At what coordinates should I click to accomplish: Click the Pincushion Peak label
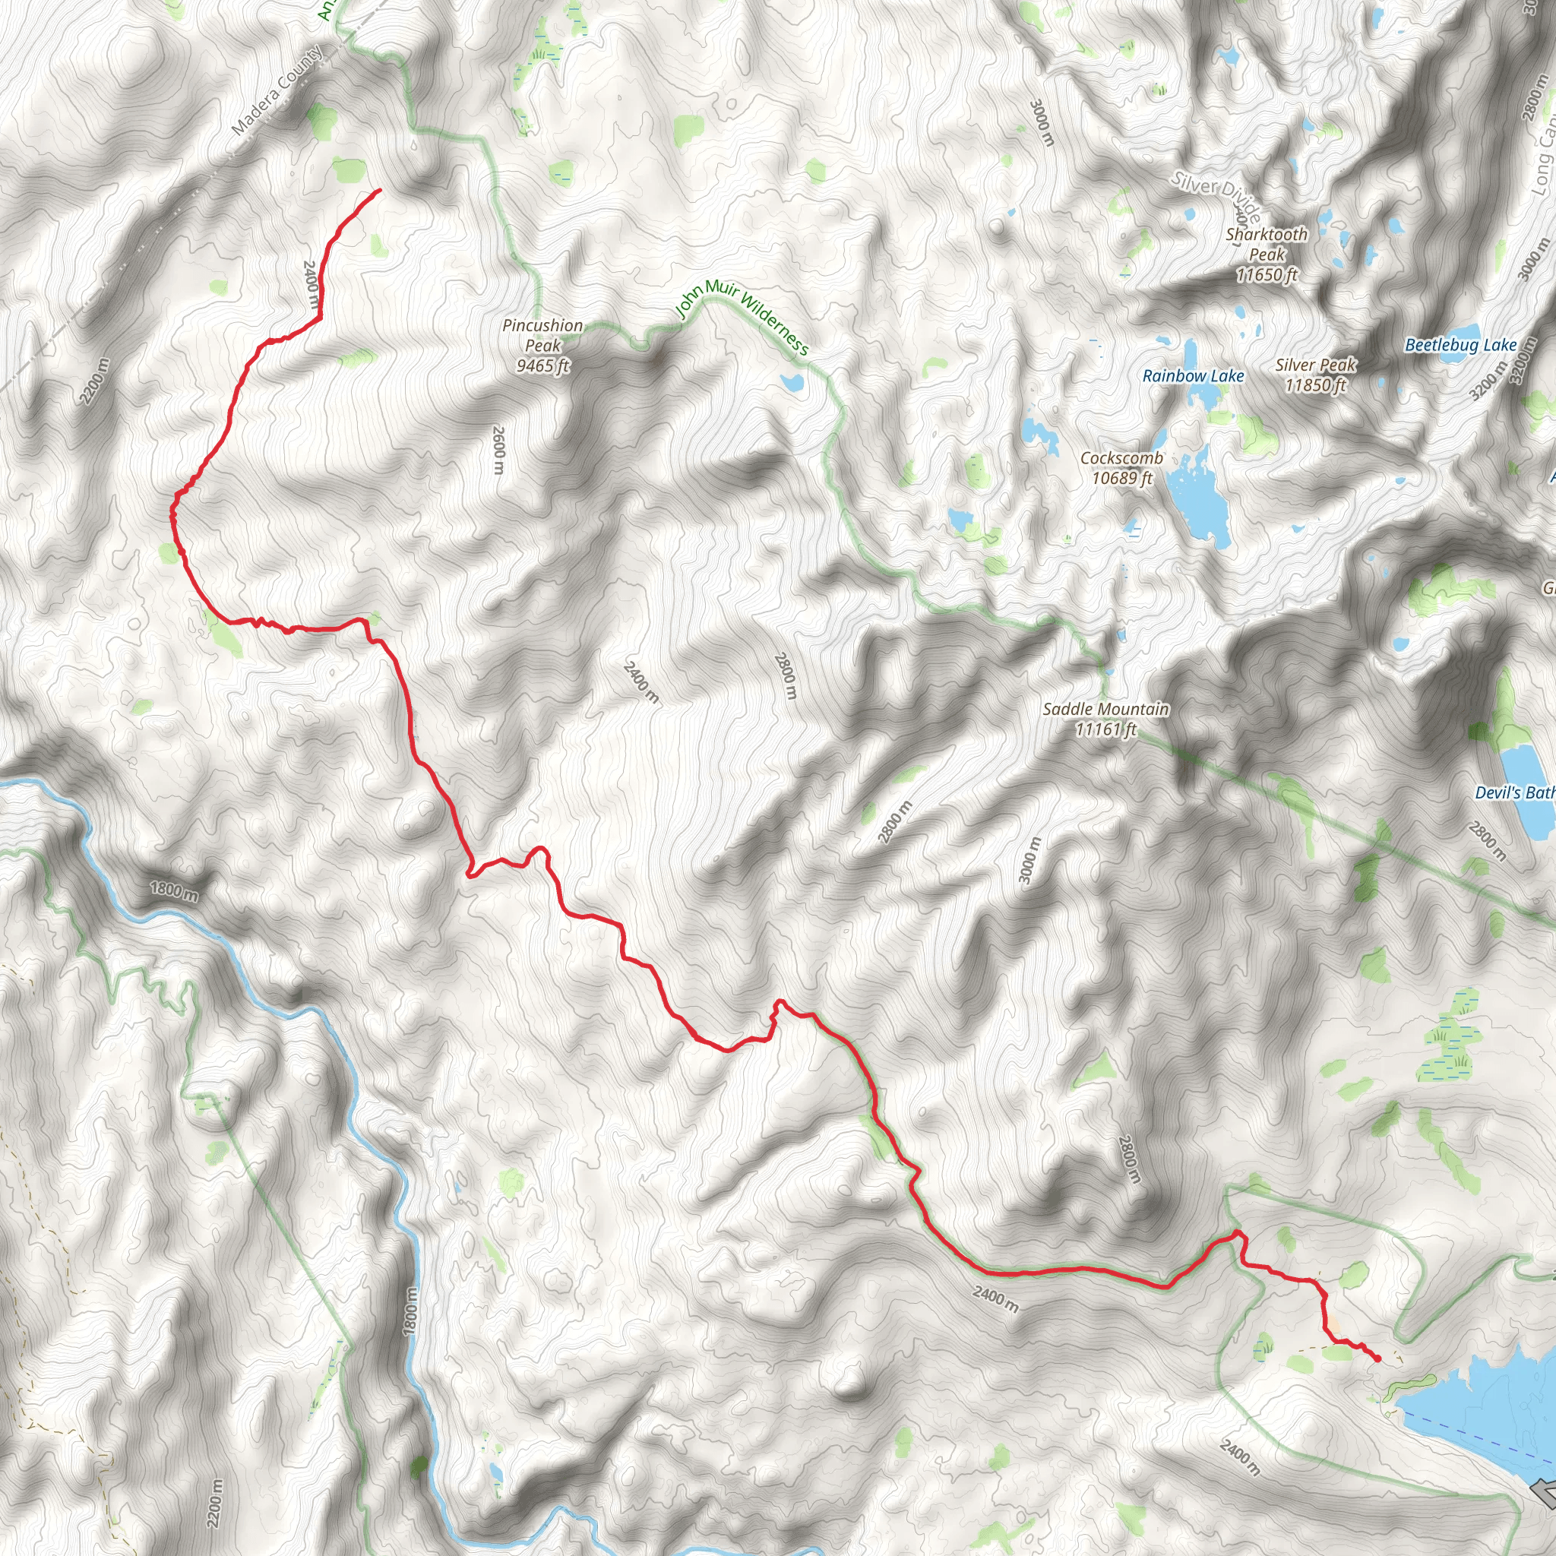[542, 346]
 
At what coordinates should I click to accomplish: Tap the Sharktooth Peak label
[1267, 255]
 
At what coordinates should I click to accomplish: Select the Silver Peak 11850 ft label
[1315, 375]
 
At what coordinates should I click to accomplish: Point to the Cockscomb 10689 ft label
[1121, 468]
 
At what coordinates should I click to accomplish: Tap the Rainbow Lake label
[1193, 376]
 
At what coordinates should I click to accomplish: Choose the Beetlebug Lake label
[1460, 346]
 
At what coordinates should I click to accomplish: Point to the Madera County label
[277, 90]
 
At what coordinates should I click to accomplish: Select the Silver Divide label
[1216, 192]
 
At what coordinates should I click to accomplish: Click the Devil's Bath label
[1514, 792]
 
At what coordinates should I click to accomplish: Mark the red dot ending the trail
[1377, 1358]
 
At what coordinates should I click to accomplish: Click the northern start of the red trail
[379, 190]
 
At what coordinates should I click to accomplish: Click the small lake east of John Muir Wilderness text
[792, 383]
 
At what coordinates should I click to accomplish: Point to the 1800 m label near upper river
[173, 890]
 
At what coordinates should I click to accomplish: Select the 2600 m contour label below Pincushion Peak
[498, 451]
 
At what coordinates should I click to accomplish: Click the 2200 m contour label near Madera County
[94, 381]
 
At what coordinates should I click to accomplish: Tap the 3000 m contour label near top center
[1042, 123]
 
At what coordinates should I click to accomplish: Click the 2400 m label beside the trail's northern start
[311, 283]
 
